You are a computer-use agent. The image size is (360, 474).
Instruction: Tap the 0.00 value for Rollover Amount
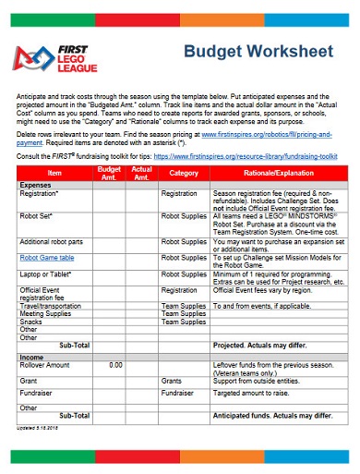(115, 364)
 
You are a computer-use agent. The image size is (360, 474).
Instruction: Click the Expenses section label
(36, 185)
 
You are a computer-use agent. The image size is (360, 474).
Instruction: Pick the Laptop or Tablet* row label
(46, 274)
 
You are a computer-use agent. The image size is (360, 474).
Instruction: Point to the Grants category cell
(173, 380)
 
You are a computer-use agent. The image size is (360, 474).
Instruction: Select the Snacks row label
(32, 322)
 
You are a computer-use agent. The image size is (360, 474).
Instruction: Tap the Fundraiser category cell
(179, 393)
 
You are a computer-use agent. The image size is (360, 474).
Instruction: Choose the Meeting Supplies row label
(44, 313)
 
